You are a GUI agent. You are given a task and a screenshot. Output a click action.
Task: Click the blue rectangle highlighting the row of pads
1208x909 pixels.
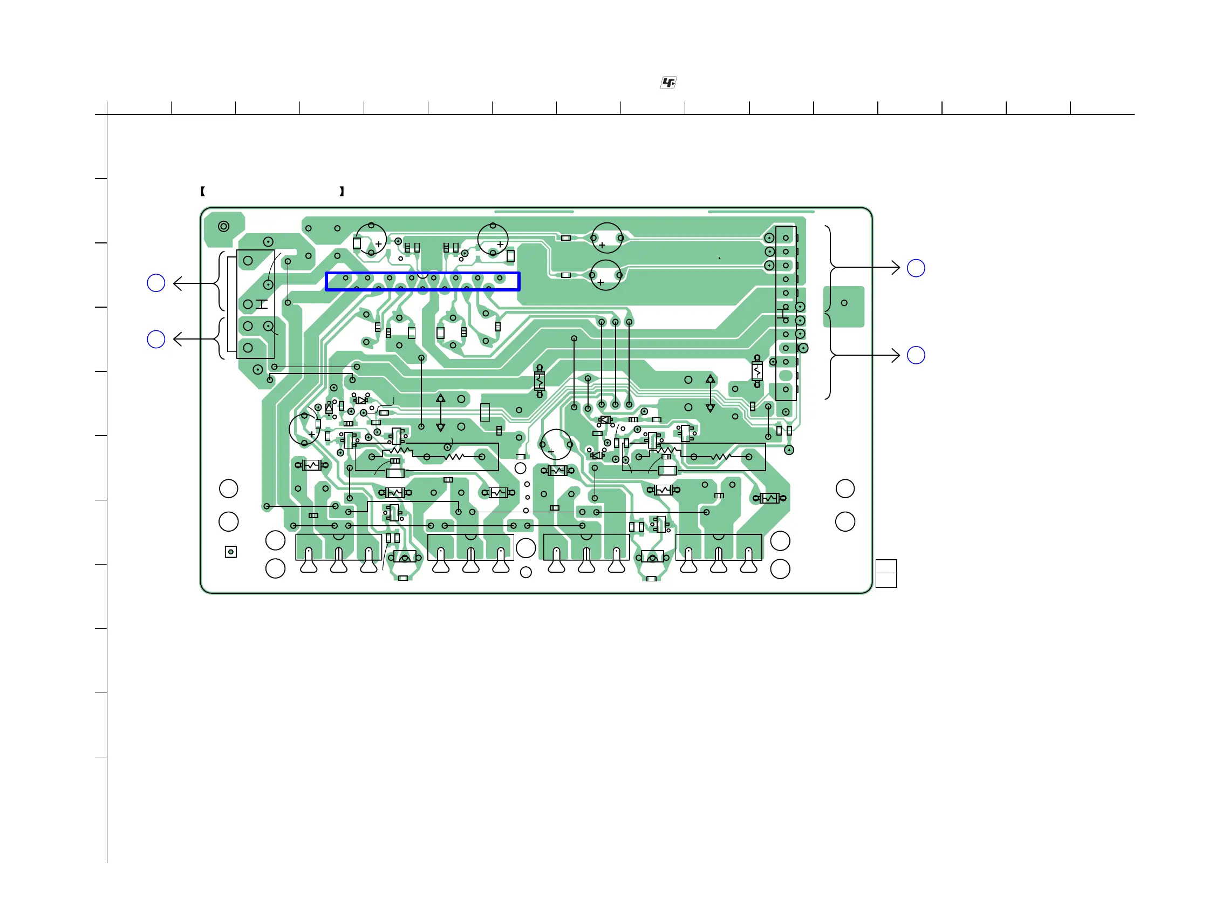coord(422,281)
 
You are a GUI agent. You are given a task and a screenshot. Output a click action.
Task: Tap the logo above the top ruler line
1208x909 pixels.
coord(668,83)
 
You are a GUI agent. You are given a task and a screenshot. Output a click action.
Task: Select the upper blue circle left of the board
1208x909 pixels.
coord(156,283)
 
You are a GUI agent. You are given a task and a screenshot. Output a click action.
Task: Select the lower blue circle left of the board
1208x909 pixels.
coord(156,339)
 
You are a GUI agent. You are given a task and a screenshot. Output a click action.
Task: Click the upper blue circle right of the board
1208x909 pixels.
coord(916,268)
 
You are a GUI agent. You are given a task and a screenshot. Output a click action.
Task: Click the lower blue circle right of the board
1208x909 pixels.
coord(916,355)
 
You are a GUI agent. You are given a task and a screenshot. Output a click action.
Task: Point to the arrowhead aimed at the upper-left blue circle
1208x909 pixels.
coord(178,283)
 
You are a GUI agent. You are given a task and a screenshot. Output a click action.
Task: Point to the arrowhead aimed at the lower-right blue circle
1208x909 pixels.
coord(896,356)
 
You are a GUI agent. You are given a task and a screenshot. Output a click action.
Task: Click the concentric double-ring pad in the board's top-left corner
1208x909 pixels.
coord(223,226)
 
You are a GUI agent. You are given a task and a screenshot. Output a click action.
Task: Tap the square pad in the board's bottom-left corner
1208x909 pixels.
coord(231,552)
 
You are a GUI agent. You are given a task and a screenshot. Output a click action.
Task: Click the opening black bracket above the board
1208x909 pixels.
coord(203,191)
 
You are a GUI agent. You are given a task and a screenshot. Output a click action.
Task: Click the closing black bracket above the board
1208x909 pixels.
coord(342,191)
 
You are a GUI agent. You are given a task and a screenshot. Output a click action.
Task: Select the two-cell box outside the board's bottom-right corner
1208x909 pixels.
coord(886,574)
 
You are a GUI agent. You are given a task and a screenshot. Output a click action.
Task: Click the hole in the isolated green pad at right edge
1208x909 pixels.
coord(844,303)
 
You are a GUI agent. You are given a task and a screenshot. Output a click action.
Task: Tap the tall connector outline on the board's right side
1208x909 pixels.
coord(786,314)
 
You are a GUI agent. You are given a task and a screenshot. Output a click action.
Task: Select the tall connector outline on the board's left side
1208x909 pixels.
coord(255,304)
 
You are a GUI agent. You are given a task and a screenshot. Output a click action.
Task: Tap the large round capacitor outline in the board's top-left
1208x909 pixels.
coord(371,239)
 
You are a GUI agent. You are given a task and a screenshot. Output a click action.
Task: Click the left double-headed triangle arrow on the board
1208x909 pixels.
coord(440,412)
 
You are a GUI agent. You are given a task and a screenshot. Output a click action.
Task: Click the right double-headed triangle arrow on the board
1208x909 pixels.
coord(710,394)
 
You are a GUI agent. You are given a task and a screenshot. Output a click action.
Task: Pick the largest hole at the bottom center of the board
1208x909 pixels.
coord(525,548)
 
